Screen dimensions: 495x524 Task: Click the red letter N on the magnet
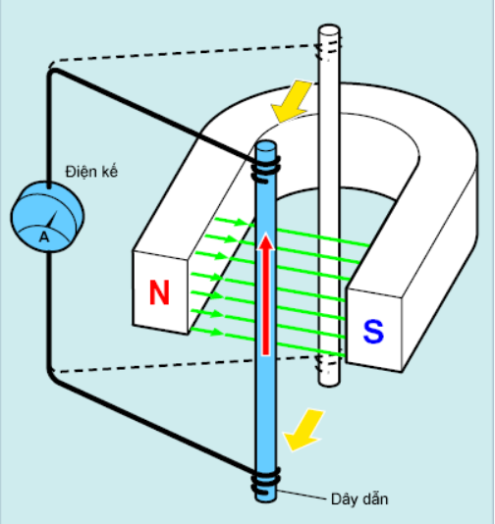tap(159, 292)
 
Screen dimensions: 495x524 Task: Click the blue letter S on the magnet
tap(373, 331)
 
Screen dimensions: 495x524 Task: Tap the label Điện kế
tap(91, 171)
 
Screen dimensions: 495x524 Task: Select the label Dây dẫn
tap(359, 499)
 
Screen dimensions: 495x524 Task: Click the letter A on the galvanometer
tap(44, 236)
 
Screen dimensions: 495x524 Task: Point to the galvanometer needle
tap(52, 220)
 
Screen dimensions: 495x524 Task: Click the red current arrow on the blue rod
tap(266, 294)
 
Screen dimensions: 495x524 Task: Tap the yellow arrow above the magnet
tap(292, 100)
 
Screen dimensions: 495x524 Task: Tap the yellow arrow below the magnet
tap(303, 430)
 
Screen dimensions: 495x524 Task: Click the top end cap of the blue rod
tap(266, 146)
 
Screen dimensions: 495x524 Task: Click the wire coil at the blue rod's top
tap(266, 170)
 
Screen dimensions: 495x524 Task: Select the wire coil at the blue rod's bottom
tap(266, 481)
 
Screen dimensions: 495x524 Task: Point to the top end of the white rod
tap(329, 29)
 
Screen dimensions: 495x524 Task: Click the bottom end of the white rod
tap(329, 382)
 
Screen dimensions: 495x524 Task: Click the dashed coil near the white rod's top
tap(329, 49)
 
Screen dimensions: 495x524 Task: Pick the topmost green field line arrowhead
tap(242, 222)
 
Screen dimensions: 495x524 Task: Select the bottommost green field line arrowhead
tap(216, 332)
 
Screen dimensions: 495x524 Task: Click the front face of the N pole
tap(160, 292)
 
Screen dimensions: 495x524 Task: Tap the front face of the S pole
tap(374, 330)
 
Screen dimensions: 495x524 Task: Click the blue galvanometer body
tap(47, 216)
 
